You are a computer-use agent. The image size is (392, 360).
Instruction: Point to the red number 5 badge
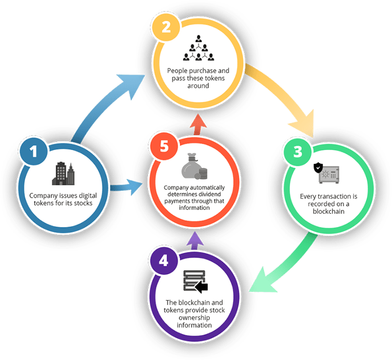163,147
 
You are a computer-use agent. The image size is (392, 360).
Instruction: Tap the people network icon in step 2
198,48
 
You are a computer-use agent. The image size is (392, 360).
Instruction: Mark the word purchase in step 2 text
211,71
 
